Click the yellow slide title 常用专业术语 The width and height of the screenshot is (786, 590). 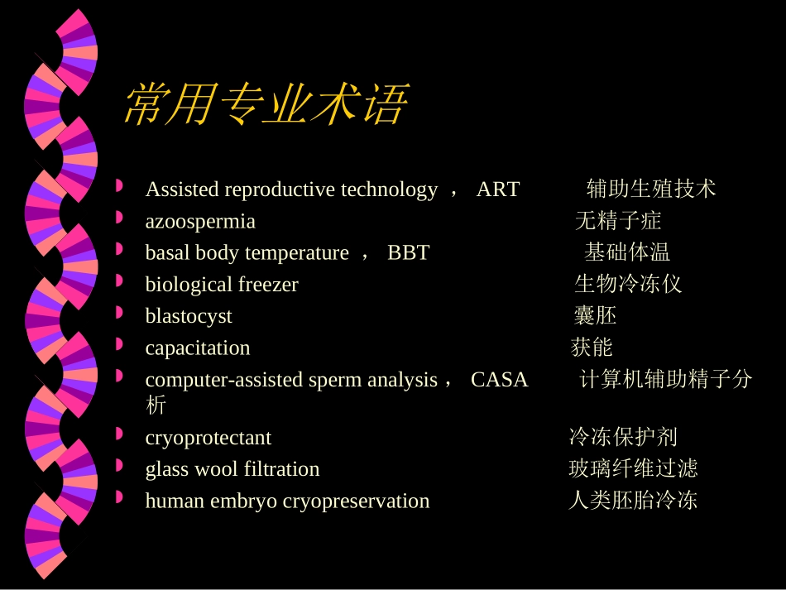(265, 105)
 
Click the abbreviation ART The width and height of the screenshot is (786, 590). (497, 189)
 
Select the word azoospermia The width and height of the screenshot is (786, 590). (200, 221)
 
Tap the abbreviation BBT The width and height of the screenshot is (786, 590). (408, 252)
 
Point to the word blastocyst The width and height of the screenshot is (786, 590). (189, 316)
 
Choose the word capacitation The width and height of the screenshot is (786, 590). (198, 348)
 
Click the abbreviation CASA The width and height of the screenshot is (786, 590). (499, 380)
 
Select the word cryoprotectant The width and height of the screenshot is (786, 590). (208, 438)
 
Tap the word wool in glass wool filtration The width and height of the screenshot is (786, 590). (214, 469)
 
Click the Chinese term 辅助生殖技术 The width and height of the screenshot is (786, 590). (651, 189)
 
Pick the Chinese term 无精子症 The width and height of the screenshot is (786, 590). (618, 221)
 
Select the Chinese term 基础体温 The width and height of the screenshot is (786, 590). (627, 252)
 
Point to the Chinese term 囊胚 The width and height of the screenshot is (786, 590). (595, 316)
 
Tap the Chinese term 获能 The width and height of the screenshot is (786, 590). (592, 348)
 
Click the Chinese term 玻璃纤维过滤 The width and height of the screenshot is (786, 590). (633, 469)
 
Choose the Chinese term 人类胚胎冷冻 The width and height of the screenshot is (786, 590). (633, 501)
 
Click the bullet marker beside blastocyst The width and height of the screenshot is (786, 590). (120, 313)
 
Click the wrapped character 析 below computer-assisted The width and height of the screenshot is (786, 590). (155, 405)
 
